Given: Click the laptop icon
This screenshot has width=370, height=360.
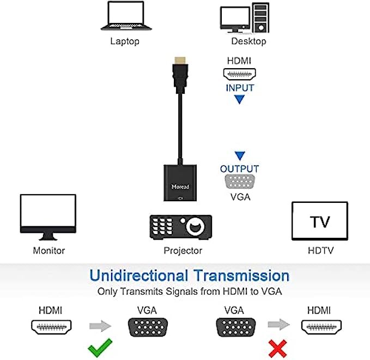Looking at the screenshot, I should pyautogui.click(x=126, y=16).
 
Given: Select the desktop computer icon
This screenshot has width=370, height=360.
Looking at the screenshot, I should pyautogui.click(x=244, y=17).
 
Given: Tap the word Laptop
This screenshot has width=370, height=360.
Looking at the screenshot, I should pyautogui.click(x=125, y=41).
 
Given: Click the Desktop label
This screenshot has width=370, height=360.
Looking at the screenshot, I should pyautogui.click(x=248, y=41).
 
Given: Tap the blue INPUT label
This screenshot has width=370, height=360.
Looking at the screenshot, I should pyautogui.click(x=240, y=87).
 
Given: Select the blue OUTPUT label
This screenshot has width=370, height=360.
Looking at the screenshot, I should pyautogui.click(x=239, y=169).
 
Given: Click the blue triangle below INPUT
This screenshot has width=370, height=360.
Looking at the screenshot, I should pyautogui.click(x=239, y=100).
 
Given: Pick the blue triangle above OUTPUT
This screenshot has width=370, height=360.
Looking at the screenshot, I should pyautogui.click(x=239, y=156).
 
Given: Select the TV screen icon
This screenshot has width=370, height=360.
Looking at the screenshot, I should pyautogui.click(x=319, y=221).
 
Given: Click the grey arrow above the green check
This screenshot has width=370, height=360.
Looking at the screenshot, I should pyautogui.click(x=100, y=326).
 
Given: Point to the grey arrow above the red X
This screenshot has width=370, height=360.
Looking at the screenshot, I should pyautogui.click(x=278, y=326).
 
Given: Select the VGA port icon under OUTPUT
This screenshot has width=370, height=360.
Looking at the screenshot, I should pyautogui.click(x=240, y=183).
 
